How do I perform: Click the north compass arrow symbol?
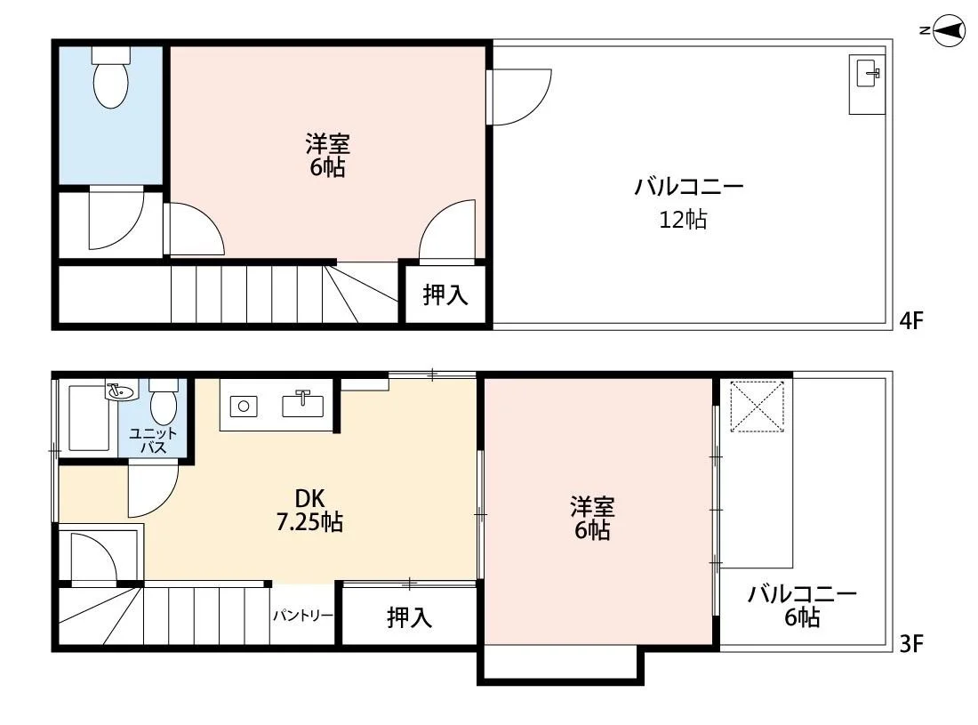[x=949, y=31]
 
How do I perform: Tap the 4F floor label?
[x=912, y=321]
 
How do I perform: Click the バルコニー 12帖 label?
[x=687, y=203]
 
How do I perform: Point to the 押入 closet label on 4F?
[x=445, y=295]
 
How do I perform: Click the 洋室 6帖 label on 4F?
[x=327, y=155]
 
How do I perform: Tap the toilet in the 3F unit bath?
[x=163, y=405]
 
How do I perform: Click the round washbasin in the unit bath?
[x=118, y=391]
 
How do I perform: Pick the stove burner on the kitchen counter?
[x=244, y=407]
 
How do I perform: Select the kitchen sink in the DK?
[x=301, y=405]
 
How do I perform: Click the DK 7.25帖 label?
[x=309, y=511]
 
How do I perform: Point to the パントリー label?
[x=302, y=616]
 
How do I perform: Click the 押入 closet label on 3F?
[x=409, y=616]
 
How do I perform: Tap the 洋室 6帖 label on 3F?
[x=592, y=518]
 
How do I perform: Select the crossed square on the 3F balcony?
[x=757, y=407]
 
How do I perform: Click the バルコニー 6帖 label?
[x=801, y=606]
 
